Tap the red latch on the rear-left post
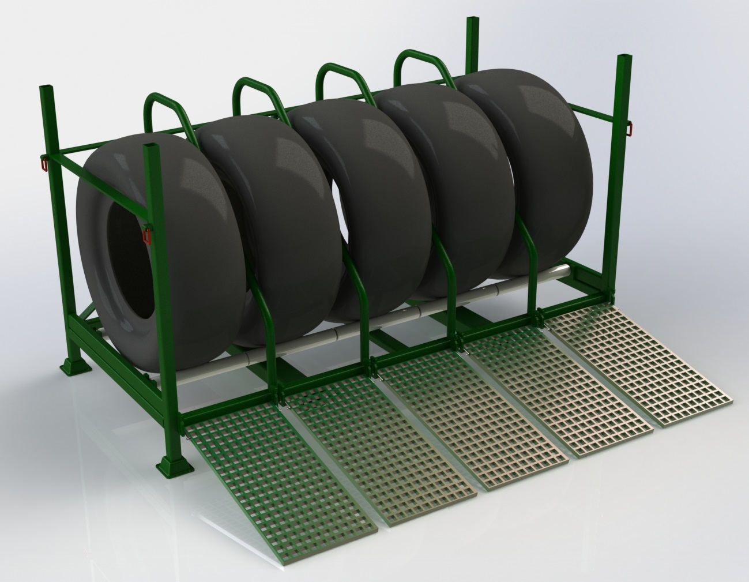(x=44, y=162)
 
